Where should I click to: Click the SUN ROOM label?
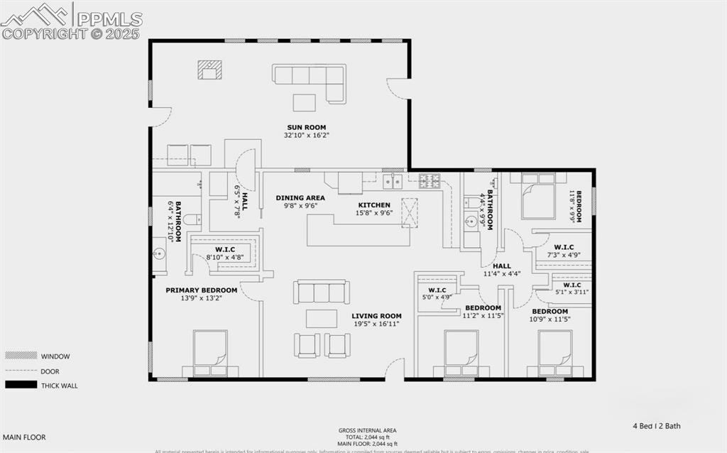(306, 127)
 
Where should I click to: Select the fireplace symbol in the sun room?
(209, 70)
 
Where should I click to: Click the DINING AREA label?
(300, 198)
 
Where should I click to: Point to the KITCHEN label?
(373, 205)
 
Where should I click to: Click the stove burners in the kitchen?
(430, 180)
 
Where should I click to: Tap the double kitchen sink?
(392, 182)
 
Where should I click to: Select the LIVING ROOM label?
(376, 316)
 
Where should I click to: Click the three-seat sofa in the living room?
(322, 292)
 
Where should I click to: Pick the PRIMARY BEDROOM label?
(202, 290)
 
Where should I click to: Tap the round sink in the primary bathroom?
(160, 253)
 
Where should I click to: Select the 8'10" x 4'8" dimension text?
(224, 257)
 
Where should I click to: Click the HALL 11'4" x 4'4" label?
(502, 270)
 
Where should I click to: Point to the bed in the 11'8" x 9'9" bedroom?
(538, 197)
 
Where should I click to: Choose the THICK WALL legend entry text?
(60, 386)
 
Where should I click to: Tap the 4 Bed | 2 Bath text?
(657, 426)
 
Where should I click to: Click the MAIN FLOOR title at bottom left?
(24, 437)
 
